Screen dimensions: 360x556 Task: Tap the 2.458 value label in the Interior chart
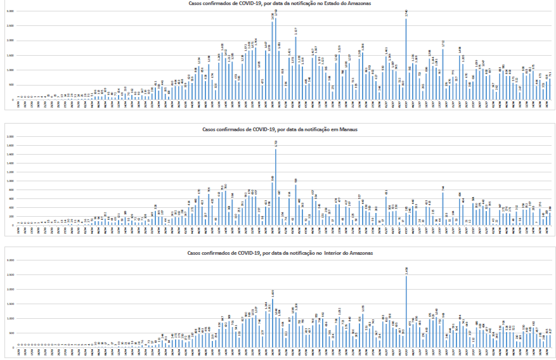tap(406, 269)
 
